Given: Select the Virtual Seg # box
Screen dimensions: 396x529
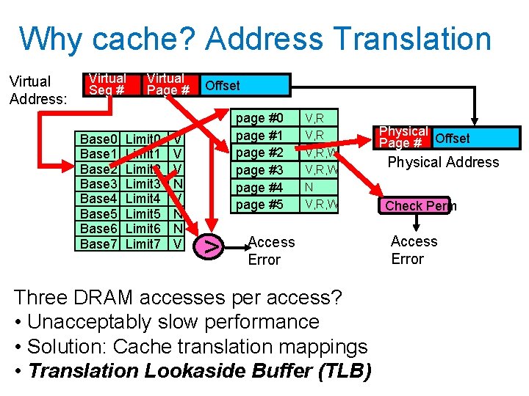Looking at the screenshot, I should coord(107,84).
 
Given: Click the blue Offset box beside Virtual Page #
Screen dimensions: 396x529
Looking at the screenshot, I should coord(223,86).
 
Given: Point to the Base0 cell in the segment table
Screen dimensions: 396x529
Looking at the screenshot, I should coord(98,139).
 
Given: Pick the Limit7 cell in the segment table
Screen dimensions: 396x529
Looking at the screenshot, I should coord(143,243).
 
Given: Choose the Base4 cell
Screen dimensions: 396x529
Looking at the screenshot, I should coord(98,199).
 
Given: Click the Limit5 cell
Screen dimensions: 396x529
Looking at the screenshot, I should coord(143,214).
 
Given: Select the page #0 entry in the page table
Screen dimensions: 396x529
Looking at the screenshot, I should coord(260,118).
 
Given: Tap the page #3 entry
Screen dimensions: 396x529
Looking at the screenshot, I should coord(260,170).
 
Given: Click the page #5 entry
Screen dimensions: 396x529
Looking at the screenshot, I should coord(260,205).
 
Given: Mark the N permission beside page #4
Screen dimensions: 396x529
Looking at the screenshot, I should coord(309,188).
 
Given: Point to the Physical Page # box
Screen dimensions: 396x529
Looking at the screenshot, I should coord(403,137).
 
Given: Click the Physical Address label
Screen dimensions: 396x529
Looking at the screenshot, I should coord(443,163).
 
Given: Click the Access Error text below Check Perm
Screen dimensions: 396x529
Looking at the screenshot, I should coord(414,250).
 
